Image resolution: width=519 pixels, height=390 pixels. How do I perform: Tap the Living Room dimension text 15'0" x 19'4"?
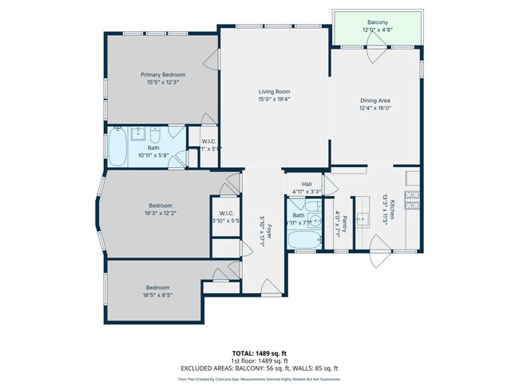(274, 99)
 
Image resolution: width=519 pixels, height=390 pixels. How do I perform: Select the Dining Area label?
(374, 100)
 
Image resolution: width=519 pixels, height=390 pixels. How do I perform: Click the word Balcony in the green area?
(378, 22)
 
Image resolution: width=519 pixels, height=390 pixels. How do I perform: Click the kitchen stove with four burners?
(413, 201)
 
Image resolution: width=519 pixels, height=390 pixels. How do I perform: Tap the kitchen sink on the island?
(363, 217)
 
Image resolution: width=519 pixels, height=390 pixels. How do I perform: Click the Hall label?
(306, 185)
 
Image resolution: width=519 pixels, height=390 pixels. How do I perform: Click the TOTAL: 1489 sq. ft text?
(259, 352)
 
